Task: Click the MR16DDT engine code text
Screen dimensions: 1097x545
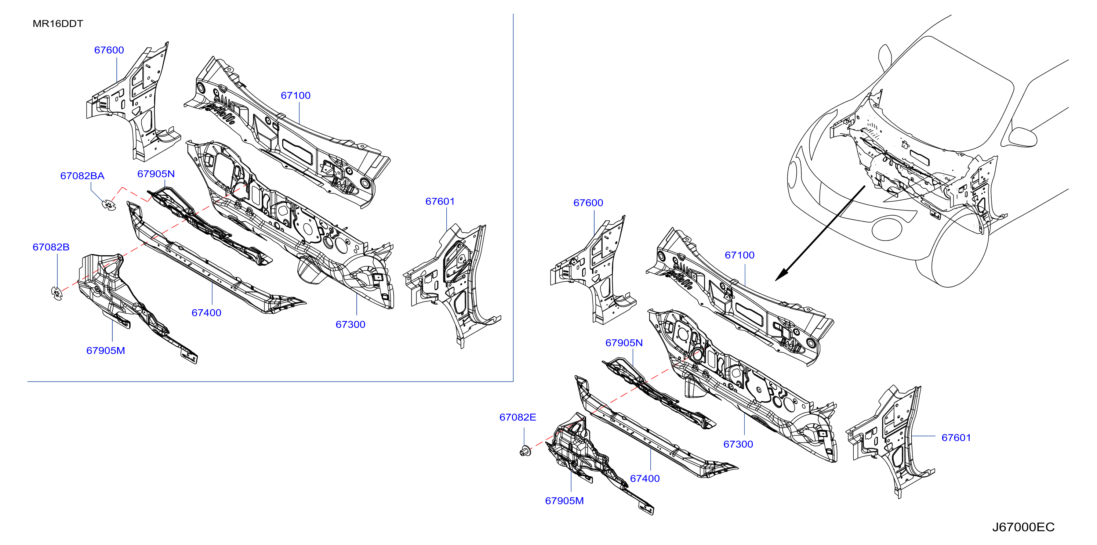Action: click(58, 24)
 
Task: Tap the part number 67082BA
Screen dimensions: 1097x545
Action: click(82, 176)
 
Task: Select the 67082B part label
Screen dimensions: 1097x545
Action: click(51, 247)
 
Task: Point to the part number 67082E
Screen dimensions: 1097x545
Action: click(517, 417)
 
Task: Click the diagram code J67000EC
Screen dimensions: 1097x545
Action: click(1023, 527)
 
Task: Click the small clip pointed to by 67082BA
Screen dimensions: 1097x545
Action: click(109, 205)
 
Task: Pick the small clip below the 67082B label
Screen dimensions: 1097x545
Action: click(57, 293)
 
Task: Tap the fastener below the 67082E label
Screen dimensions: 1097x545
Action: click(525, 450)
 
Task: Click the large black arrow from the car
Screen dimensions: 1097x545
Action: click(820, 233)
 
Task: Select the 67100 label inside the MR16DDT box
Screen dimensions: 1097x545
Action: click(295, 95)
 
